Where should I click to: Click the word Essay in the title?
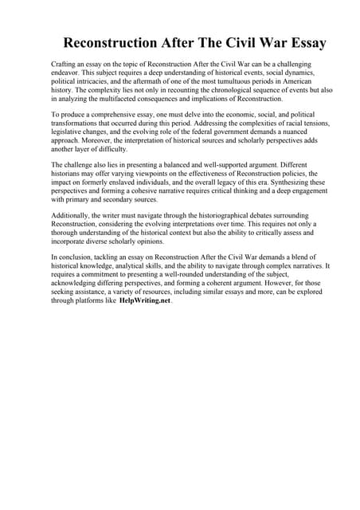(299, 42)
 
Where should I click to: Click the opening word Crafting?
(64, 63)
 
